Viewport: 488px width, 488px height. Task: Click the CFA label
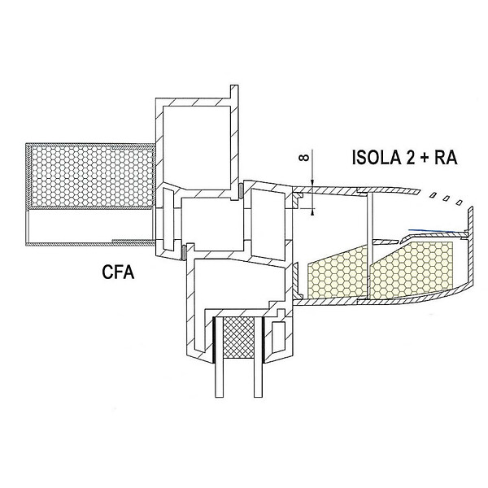(x=118, y=272)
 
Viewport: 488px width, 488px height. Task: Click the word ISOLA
(x=376, y=157)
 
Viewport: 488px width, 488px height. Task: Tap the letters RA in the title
(x=446, y=157)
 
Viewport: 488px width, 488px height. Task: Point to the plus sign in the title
(x=425, y=158)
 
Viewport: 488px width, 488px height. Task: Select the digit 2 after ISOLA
(x=410, y=157)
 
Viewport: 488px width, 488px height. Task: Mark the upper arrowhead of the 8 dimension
(x=313, y=183)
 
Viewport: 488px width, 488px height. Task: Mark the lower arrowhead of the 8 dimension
(x=313, y=211)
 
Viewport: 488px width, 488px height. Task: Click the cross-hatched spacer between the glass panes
(x=239, y=338)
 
